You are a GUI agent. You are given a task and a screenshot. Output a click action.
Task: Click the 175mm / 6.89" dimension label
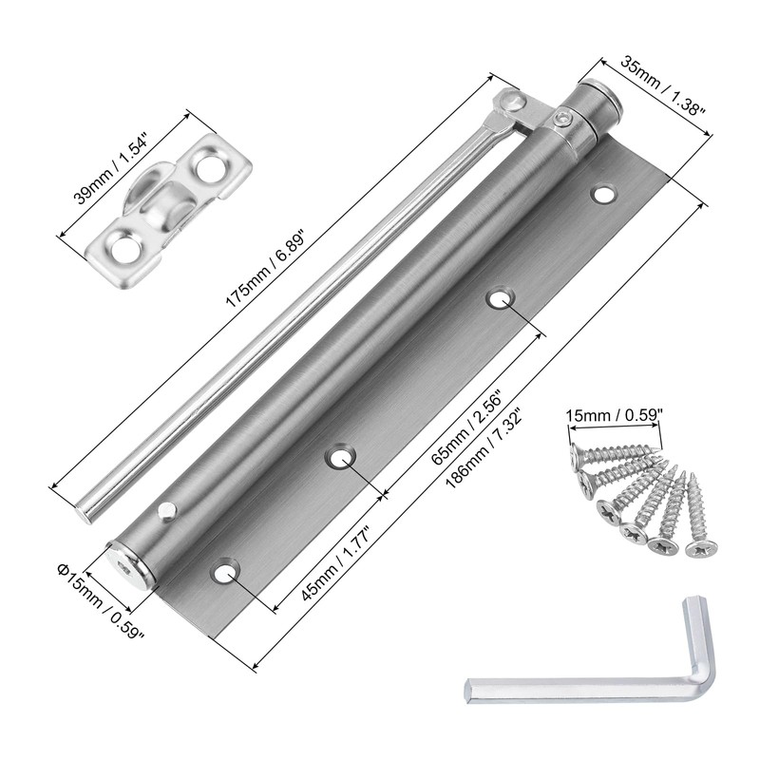click(266, 271)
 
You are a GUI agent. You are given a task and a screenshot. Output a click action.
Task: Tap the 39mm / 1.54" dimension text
click(112, 163)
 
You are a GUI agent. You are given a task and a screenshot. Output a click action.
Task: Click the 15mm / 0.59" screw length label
click(614, 415)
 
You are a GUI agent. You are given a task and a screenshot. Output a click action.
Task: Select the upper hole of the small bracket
click(211, 166)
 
